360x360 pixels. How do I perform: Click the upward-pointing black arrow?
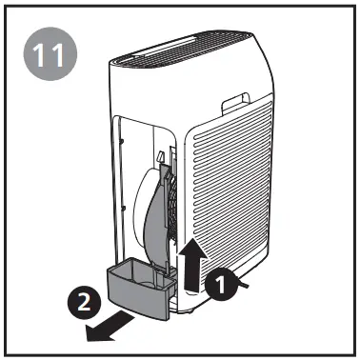point(194,262)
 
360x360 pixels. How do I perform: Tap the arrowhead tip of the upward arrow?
point(194,240)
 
